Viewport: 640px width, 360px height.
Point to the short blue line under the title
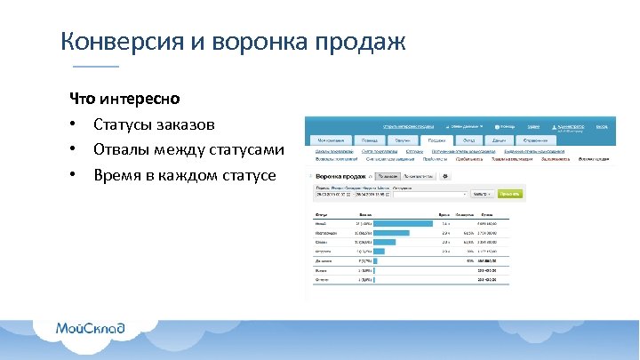tap(95, 67)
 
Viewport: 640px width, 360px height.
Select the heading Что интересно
tap(124, 98)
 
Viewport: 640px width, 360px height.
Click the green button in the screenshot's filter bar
tap(509, 193)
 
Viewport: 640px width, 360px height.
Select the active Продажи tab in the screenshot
tap(436, 140)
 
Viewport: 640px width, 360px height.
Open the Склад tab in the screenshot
tap(468, 140)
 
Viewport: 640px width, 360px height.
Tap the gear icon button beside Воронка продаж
tap(445, 176)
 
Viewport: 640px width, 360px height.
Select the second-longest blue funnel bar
tap(391, 232)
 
